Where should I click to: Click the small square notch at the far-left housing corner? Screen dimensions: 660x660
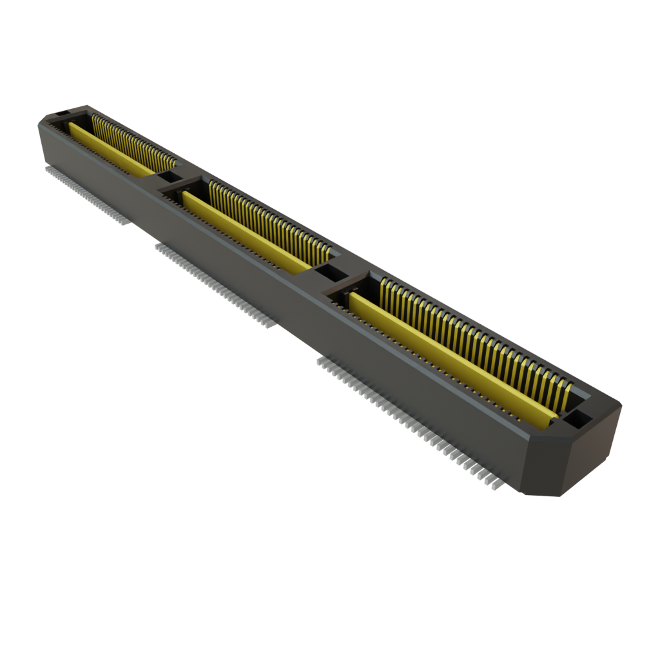(61, 113)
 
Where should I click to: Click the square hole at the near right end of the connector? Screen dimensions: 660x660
(579, 419)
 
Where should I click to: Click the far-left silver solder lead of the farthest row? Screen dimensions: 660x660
(46, 169)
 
